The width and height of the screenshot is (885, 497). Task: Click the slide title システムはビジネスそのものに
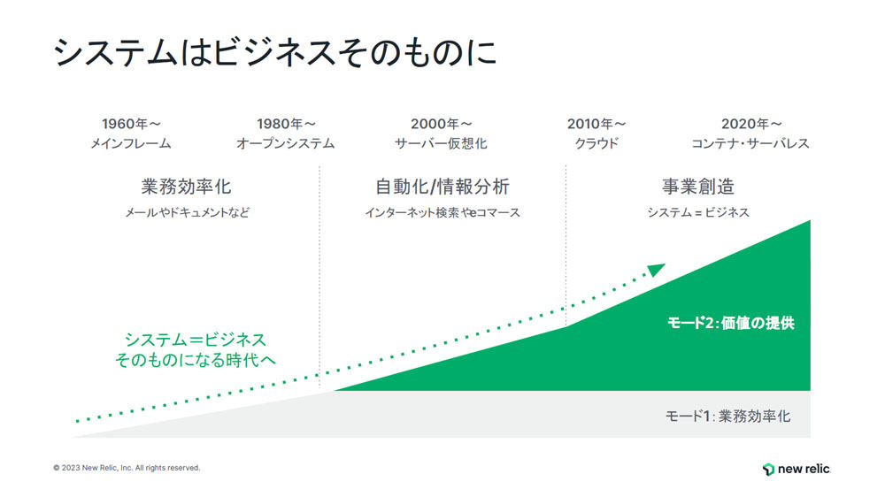[x=275, y=53]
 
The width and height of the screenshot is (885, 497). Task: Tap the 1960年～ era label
[x=131, y=124]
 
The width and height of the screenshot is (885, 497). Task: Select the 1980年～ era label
[x=286, y=124]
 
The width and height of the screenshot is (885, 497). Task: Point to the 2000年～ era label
[x=441, y=124]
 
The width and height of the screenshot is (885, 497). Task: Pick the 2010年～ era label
[x=596, y=124]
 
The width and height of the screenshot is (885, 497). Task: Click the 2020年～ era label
[x=751, y=124]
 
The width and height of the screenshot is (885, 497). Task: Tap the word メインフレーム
[x=131, y=144]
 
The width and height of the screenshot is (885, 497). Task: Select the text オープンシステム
[x=286, y=144]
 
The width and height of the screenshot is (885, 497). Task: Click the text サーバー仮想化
[x=441, y=144]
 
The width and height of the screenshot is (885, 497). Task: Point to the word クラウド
[x=596, y=144]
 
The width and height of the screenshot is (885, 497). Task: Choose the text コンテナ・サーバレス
[x=750, y=144]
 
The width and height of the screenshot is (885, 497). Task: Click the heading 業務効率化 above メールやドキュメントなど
[x=186, y=187]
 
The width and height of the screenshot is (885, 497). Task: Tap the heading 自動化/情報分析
[x=442, y=187]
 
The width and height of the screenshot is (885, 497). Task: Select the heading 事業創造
[x=698, y=187]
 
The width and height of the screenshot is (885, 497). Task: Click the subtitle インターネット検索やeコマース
[x=442, y=212]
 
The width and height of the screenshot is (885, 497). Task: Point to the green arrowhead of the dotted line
[x=657, y=270]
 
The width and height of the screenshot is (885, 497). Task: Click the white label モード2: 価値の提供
[x=731, y=323]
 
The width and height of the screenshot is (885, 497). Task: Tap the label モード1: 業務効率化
[x=728, y=417]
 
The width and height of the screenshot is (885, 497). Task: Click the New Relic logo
[x=796, y=469]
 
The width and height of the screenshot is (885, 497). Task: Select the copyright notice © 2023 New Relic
[x=127, y=468]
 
